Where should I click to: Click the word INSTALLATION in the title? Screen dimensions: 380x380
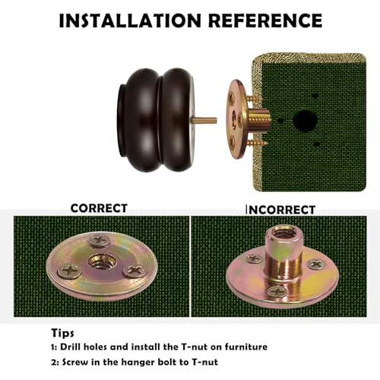130,21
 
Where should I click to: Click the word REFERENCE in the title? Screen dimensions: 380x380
265,21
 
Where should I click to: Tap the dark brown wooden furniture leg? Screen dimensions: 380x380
156,120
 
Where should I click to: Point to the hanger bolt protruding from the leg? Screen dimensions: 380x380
205,120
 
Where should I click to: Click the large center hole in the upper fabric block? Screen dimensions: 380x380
306,121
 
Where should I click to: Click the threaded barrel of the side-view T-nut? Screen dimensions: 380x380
259,119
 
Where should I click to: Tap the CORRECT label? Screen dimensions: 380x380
99,208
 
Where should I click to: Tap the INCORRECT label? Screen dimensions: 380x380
280,210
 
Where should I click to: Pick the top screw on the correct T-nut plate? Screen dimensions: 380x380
100,240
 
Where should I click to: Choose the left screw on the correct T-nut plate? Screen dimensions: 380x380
69,271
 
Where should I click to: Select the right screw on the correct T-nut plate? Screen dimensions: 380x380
135,271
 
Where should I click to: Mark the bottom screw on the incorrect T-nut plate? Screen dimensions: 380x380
277,291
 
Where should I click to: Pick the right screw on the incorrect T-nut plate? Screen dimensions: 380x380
316,264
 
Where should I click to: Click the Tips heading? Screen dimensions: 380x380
63,333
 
